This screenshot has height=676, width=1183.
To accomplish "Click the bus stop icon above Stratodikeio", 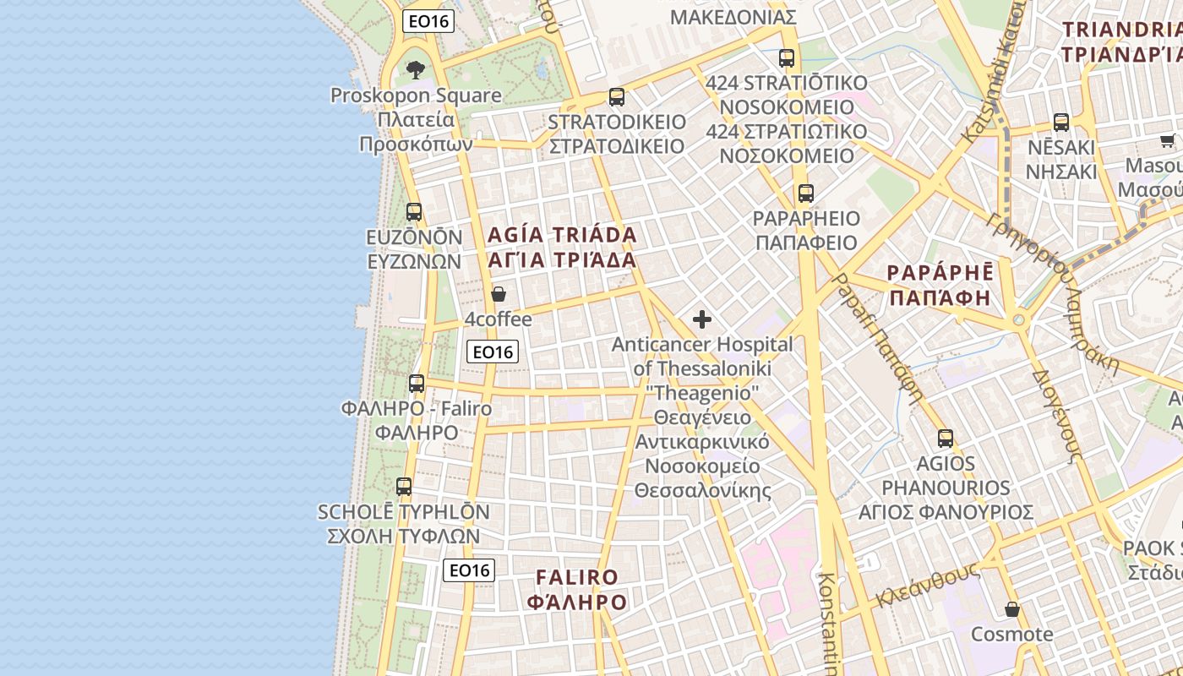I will (x=617, y=97).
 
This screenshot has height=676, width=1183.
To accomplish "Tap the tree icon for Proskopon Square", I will (x=415, y=69).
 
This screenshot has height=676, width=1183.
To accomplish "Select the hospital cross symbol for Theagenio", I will (x=702, y=319).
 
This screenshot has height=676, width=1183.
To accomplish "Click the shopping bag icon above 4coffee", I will (x=499, y=294).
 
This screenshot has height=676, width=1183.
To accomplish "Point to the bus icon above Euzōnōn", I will (x=414, y=212).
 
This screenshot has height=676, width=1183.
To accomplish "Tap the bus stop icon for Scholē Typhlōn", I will (x=404, y=487).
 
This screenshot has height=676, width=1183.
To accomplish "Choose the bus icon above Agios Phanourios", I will (x=946, y=439).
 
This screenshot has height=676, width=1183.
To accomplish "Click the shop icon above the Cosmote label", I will (x=1011, y=609).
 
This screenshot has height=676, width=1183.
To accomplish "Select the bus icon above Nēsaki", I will (x=1061, y=122).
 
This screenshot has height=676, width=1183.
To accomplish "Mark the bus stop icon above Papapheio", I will (x=806, y=194).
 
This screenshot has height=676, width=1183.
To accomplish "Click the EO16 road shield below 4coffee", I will (x=493, y=352).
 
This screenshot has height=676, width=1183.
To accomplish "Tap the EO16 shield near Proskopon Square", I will (x=428, y=22).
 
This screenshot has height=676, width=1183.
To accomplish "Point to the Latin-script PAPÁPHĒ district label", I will (x=940, y=272).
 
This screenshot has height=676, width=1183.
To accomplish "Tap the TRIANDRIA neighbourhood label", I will (x=1121, y=30).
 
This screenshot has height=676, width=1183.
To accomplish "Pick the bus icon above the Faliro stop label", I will (x=417, y=384).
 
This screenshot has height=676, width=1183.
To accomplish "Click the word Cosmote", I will (x=1011, y=635).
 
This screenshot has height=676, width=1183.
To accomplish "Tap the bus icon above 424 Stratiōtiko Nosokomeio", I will (x=787, y=58).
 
